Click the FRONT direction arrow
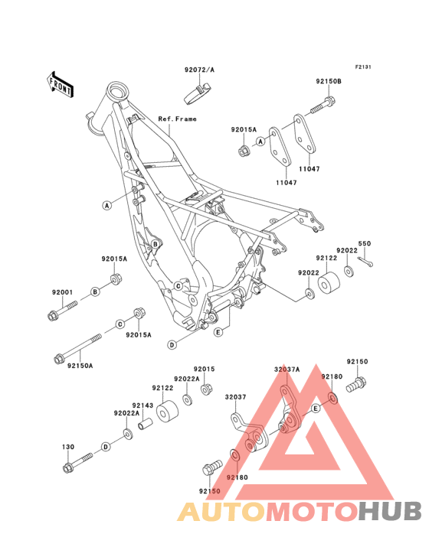[x=61, y=84]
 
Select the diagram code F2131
[x=362, y=67]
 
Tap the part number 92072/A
[x=199, y=70]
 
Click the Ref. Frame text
[x=177, y=119]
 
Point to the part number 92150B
[x=329, y=80]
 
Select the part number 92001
[x=63, y=293]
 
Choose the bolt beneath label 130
[x=77, y=461]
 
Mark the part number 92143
[x=142, y=405]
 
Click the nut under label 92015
[x=206, y=390]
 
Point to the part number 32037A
[x=287, y=369]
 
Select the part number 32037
[x=234, y=396]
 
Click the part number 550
[x=365, y=243]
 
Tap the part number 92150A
[x=80, y=366]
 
